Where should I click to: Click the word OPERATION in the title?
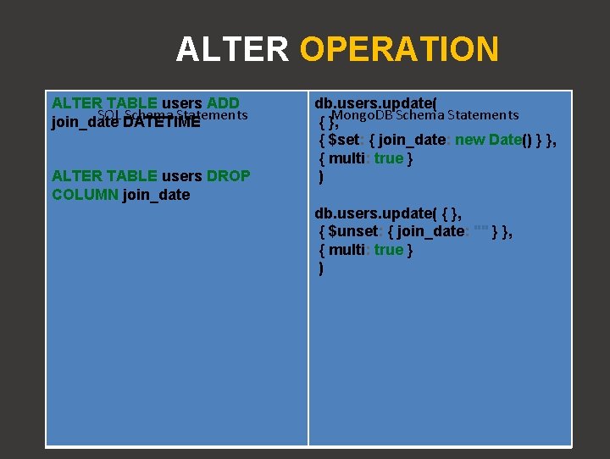pyautogui.click(x=399, y=49)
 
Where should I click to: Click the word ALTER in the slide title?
pyautogui.click(x=232, y=49)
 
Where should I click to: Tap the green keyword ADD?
pyautogui.click(x=223, y=103)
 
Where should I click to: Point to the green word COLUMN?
pyautogui.click(x=85, y=195)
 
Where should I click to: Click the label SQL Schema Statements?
pyautogui.click(x=172, y=114)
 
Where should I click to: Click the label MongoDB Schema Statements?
pyautogui.click(x=425, y=114)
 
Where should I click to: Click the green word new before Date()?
pyautogui.click(x=470, y=140)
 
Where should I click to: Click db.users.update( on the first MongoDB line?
pyautogui.click(x=376, y=103)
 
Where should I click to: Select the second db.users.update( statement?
pyautogui.click(x=376, y=213)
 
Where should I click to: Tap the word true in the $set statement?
pyautogui.click(x=389, y=158)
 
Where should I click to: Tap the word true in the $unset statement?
pyautogui.click(x=389, y=250)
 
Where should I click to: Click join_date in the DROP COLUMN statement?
pyautogui.click(x=156, y=195)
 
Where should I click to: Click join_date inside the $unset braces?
pyautogui.click(x=430, y=231)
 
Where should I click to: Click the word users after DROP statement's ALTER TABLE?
pyautogui.click(x=182, y=176)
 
